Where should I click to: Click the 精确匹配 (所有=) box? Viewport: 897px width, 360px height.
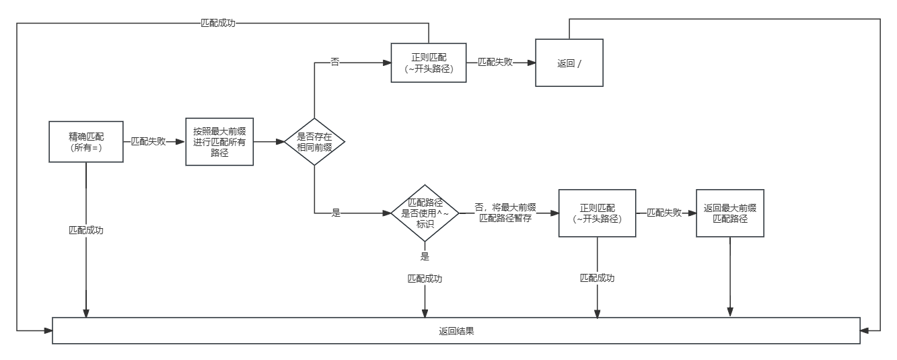point(86,142)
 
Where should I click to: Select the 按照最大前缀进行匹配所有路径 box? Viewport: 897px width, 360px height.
point(219,142)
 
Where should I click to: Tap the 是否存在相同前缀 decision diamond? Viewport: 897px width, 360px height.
point(314,142)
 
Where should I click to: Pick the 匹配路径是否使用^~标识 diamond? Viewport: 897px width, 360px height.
point(425,213)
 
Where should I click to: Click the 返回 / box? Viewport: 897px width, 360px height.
point(569,63)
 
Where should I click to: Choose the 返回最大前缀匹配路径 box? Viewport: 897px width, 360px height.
point(730,213)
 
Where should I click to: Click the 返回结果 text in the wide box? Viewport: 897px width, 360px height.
point(456,331)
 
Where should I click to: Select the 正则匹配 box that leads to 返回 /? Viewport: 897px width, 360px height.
point(429,63)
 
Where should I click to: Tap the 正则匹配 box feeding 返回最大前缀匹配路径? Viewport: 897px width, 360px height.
point(597,213)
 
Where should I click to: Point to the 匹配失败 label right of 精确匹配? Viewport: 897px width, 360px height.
point(148,142)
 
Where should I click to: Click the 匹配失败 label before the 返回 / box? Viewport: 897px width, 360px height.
point(495,62)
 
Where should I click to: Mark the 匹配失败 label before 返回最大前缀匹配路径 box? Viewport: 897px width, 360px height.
point(664,213)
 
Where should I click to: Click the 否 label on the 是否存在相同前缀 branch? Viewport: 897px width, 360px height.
point(334,62)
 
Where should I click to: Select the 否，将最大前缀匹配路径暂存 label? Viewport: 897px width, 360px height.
point(505,213)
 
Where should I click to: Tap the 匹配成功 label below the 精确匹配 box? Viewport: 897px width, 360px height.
point(86,230)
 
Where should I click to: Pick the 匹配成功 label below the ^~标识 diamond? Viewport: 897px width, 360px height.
point(425,278)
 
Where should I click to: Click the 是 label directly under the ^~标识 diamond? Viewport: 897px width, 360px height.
point(425,256)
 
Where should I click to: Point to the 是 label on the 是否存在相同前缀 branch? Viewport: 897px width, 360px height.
point(336,213)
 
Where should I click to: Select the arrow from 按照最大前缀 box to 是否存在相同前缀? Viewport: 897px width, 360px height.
point(268,142)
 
